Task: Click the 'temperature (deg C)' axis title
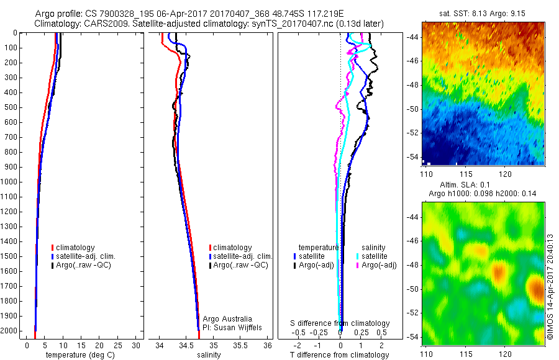tap(79, 355)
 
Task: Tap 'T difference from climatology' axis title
tap(340, 355)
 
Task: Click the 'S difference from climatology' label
tap(340, 323)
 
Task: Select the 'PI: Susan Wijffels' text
tap(231, 327)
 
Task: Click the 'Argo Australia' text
tap(228, 318)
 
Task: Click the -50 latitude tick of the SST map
tap(413, 109)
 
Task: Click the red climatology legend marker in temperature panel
tap(53, 248)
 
